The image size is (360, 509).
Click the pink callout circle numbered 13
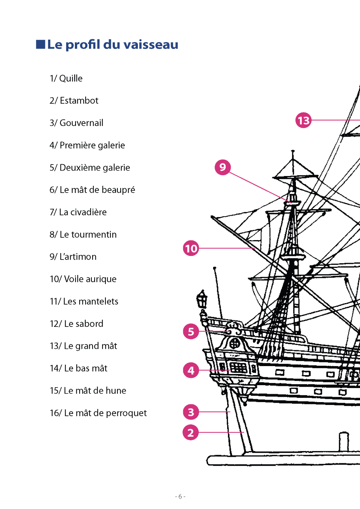pyautogui.click(x=303, y=120)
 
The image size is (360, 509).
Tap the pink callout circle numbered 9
pyautogui.click(x=222, y=167)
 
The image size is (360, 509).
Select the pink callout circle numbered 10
pyautogui.click(x=191, y=248)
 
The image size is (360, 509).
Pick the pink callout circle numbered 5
pyautogui.click(x=191, y=332)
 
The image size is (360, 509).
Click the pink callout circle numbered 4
pyautogui.click(x=191, y=370)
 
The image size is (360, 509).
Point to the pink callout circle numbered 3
pyautogui.click(x=191, y=412)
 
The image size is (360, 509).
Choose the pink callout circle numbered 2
pyautogui.click(x=191, y=432)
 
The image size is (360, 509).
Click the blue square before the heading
pyautogui.click(x=41, y=44)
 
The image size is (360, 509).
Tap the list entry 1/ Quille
pyautogui.click(x=66, y=78)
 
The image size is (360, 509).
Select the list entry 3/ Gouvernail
pyautogui.click(x=76, y=123)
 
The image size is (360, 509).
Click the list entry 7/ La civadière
pyautogui.click(x=78, y=212)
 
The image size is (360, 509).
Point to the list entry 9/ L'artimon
pyautogui.click(x=73, y=257)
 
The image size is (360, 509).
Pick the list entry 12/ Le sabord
pyautogui.click(x=76, y=324)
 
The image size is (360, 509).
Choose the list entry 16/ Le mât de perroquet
pyautogui.click(x=98, y=413)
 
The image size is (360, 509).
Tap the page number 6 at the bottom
pyautogui.click(x=180, y=496)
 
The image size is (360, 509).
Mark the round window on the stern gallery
pyautogui.click(x=235, y=343)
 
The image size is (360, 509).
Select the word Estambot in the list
pyautogui.click(x=79, y=101)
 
